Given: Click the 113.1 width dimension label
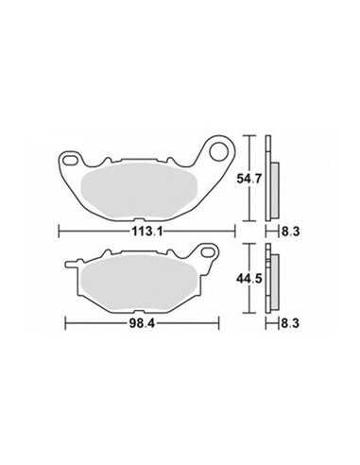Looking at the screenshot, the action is pyautogui.click(x=147, y=232).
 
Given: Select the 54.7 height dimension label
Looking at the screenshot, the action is pyautogui.click(x=249, y=179).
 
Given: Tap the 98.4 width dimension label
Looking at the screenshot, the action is pyautogui.click(x=142, y=323).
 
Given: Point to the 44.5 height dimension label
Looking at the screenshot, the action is pyautogui.click(x=249, y=279).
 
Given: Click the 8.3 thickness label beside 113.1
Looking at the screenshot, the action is pyautogui.click(x=290, y=232).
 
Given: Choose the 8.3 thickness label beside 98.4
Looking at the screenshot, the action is pyautogui.click(x=290, y=323).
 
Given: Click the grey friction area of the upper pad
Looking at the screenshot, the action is pyautogui.click(x=139, y=191).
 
